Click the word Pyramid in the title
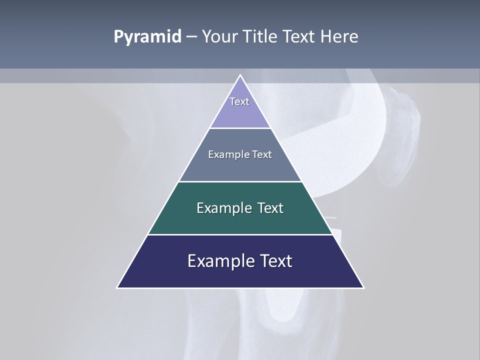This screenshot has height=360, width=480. coord(147,37)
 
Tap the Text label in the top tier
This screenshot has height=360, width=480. coord(239,101)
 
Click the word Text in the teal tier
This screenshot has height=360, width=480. coord(270,208)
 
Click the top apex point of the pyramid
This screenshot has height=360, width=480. coord(240,75)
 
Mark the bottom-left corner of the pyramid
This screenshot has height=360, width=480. coord(117,287)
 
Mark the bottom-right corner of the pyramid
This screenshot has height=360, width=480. coord(363,287)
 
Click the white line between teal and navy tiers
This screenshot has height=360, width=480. coord(240,234)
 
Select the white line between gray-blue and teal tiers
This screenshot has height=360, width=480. coord(240,181)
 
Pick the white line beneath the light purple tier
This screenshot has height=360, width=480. coord(240,128)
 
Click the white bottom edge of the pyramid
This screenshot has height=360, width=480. coord(240,288)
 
